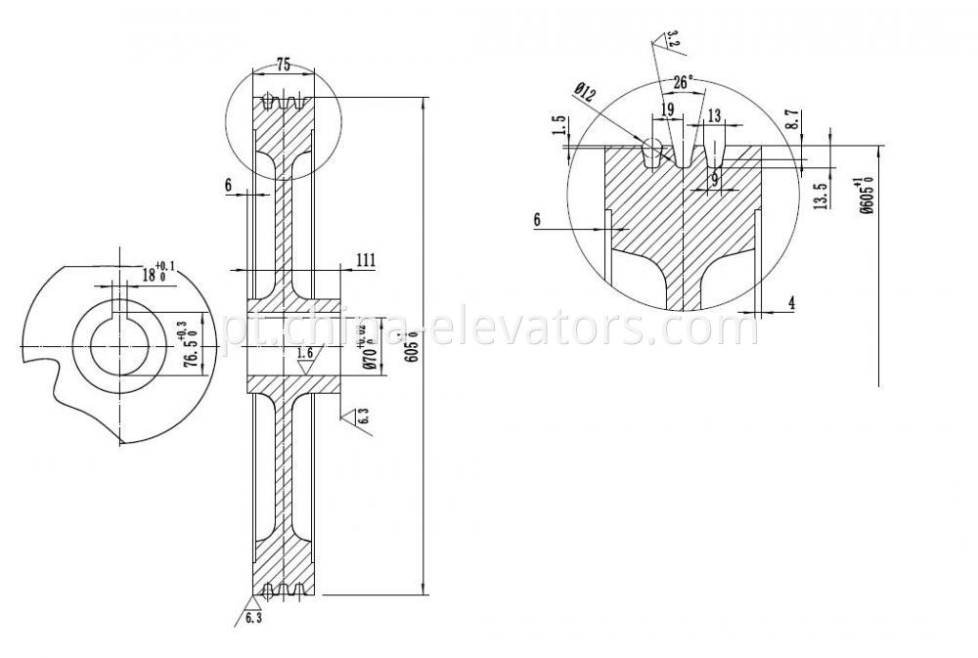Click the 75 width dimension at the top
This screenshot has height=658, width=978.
tap(283, 65)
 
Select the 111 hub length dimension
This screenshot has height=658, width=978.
tap(366, 260)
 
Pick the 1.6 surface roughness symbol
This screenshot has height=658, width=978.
tap(306, 353)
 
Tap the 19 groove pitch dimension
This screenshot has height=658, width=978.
tap(666, 110)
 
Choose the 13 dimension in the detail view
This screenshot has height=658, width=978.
tap(714, 115)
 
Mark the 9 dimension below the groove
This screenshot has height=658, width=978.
tap(715, 179)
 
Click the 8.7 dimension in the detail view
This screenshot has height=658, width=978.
tap(793, 120)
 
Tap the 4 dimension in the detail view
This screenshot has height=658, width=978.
tap(791, 303)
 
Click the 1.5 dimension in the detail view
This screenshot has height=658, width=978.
tap(558, 126)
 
